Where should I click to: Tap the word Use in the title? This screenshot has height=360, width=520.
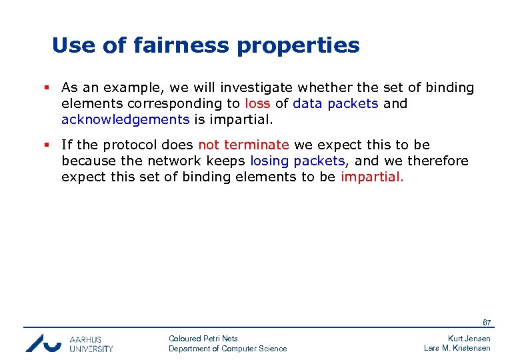click(70, 45)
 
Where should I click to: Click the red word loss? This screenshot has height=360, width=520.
click(257, 104)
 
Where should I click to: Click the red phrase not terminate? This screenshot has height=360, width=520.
click(243, 145)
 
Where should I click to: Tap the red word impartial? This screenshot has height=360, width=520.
click(372, 177)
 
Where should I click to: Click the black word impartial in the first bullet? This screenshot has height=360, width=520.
click(241, 120)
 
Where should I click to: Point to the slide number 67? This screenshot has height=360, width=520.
click(487, 323)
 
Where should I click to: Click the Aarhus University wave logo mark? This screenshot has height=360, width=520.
click(43, 342)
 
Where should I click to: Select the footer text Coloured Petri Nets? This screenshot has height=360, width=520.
click(203, 339)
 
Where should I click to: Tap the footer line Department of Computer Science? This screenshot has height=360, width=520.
click(227, 349)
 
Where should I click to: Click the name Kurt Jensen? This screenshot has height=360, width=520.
click(469, 339)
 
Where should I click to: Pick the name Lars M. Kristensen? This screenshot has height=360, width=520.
click(457, 348)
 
